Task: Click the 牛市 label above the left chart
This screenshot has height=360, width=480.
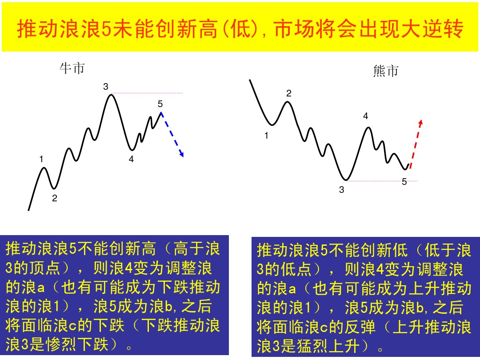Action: [72, 68]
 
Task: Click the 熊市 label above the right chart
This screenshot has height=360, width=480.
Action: [386, 71]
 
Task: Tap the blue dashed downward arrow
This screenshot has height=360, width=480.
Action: [172, 134]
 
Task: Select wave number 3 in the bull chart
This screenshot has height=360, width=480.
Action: [106, 87]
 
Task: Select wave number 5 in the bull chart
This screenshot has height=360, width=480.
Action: [160, 104]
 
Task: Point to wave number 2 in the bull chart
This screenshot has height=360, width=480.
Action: [55, 199]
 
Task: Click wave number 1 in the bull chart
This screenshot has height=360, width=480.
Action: [41, 159]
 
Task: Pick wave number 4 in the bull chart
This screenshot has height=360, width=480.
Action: [131, 159]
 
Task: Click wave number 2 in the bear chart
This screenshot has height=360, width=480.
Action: [289, 93]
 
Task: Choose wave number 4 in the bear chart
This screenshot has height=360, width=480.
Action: [365, 116]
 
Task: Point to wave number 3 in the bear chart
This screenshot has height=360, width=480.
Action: [341, 190]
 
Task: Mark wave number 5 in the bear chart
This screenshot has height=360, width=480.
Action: [404, 181]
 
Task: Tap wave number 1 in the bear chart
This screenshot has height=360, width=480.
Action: [267, 136]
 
